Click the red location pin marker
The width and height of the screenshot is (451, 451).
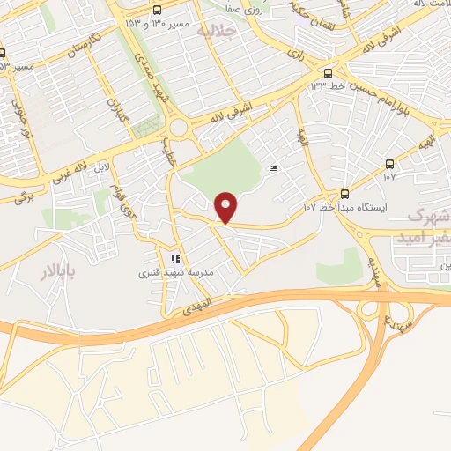227,207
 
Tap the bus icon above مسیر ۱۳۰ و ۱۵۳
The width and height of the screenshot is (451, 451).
156,9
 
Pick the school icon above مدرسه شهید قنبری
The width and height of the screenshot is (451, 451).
175,259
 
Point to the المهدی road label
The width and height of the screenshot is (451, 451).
198,309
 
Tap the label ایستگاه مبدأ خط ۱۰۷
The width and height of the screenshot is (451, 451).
346,208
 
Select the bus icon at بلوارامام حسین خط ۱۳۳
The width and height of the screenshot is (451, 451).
329,73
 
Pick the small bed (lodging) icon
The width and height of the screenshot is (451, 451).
273,168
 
